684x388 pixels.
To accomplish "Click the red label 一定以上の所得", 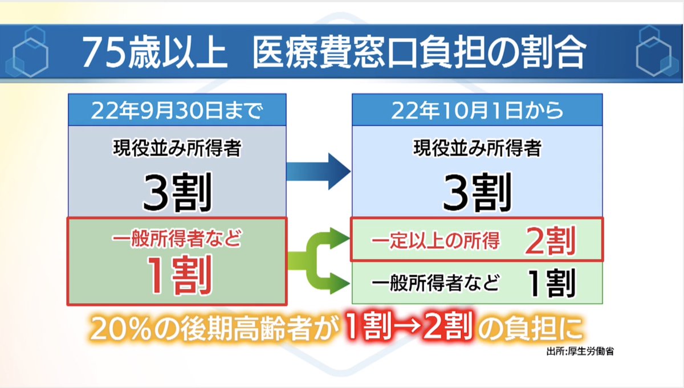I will click(x=435, y=242).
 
